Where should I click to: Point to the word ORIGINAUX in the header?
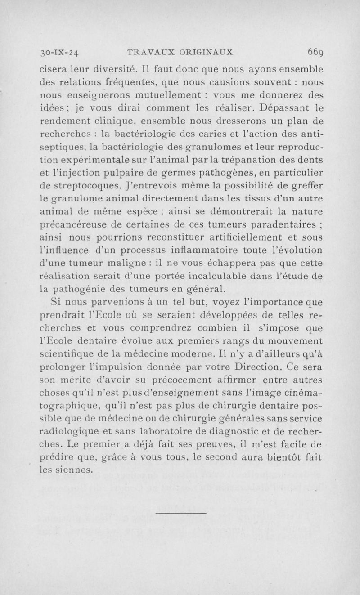point(203,52)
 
